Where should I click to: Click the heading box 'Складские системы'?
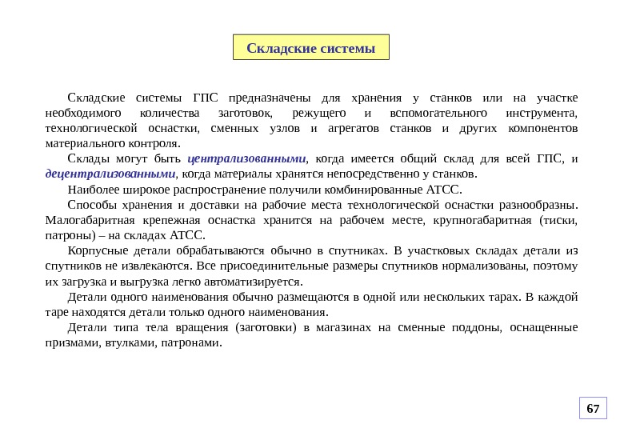point(310,48)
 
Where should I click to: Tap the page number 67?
point(593,410)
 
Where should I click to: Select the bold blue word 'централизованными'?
point(252,158)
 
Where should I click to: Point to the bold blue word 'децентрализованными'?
point(110,174)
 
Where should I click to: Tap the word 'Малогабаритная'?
point(90,219)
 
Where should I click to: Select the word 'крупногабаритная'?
point(486,219)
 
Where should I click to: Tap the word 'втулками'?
point(124,342)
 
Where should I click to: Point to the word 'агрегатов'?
point(353,128)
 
